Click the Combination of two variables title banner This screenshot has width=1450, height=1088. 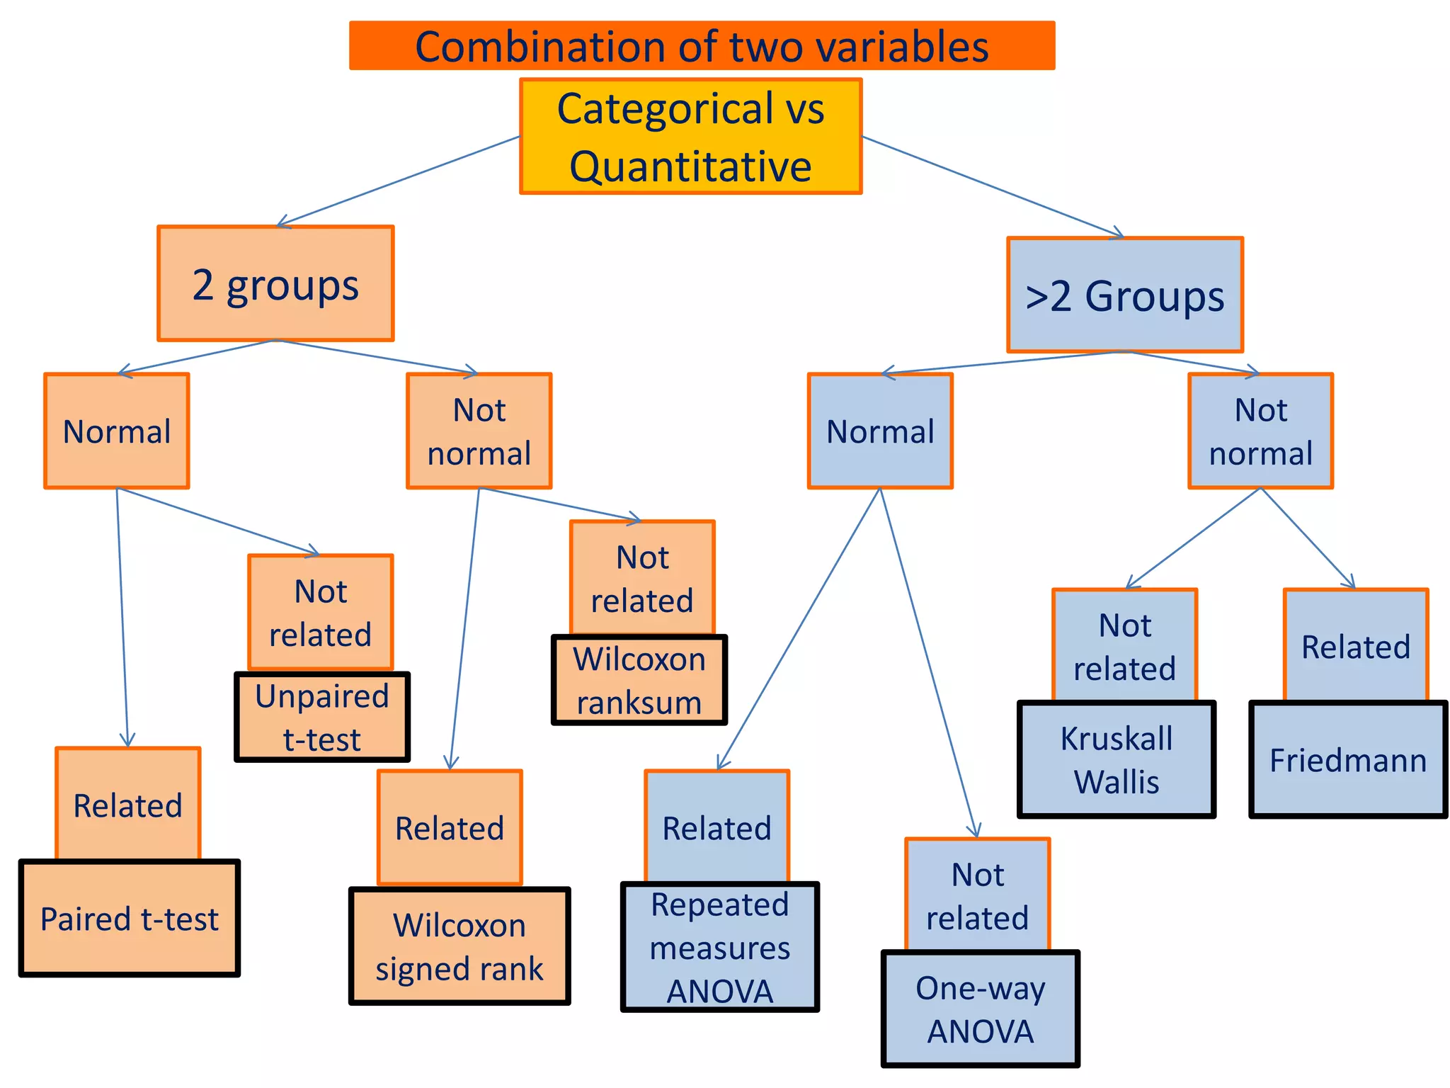pyautogui.click(x=701, y=46)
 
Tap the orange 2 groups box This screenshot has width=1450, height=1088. pyautogui.click(x=275, y=283)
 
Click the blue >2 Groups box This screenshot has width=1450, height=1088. pyautogui.click(x=1124, y=295)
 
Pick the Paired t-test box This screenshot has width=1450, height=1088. pyautogui.click(x=130, y=919)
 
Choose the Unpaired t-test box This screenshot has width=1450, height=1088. pyautogui.click(x=322, y=717)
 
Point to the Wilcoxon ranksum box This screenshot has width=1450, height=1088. pyautogui.click(x=639, y=680)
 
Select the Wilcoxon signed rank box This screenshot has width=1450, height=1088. pyautogui.click(x=459, y=946)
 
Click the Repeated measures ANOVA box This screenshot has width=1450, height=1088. pyautogui.click(x=720, y=947)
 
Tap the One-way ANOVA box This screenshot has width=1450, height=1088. pyautogui.click(x=981, y=1009)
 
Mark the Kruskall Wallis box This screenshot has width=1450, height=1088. pyautogui.click(x=1117, y=759)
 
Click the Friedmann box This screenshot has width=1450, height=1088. pyautogui.click(x=1348, y=759)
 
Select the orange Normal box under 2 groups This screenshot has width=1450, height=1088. pyautogui.click(x=117, y=431)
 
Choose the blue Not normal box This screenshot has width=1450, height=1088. pyautogui.click(x=1260, y=431)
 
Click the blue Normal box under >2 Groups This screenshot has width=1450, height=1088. pyautogui.click(x=880, y=431)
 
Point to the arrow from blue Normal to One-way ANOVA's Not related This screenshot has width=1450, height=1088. pyautogui.click(x=928, y=662)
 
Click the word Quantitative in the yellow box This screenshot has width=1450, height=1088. pyautogui.click(x=690, y=167)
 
